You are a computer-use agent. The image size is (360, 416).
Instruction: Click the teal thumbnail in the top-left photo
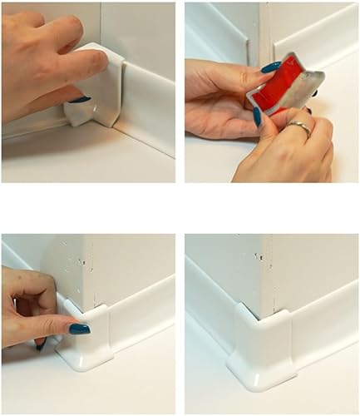click(x=80, y=100)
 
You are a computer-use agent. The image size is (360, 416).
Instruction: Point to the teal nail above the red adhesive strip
click(x=271, y=67)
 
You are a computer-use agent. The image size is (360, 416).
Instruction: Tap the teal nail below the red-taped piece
click(x=257, y=116)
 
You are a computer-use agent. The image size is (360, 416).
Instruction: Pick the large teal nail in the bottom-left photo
click(x=79, y=329)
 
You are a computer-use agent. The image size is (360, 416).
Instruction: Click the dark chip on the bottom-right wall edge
click(x=259, y=257)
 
